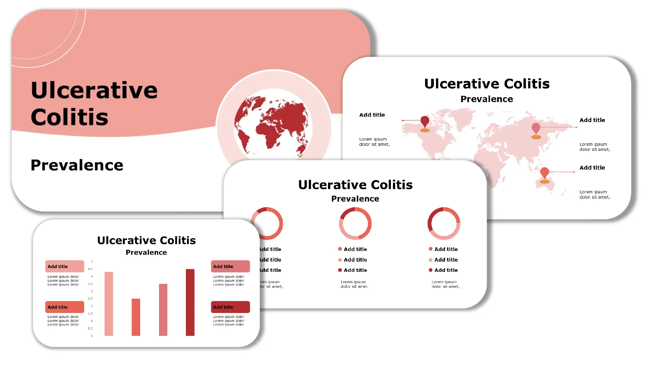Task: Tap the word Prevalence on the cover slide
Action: click(77, 165)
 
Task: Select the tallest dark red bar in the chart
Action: click(190, 302)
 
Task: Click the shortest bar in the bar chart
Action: click(136, 317)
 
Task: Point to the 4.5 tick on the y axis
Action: click(90, 269)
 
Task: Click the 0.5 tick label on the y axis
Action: click(90, 328)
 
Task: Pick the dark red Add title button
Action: click(230, 307)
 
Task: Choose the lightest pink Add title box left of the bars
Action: click(65, 266)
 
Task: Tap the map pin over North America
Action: click(425, 122)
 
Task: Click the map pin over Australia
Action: click(544, 173)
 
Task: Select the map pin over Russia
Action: click(536, 128)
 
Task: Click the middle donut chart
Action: click(355, 223)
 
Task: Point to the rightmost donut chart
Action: click(444, 223)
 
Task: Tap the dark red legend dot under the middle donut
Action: click(340, 270)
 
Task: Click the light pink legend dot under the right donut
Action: click(431, 260)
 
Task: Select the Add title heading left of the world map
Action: click(372, 115)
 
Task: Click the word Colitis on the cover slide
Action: click(70, 117)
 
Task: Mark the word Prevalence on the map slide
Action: click(487, 99)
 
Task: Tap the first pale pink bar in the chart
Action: click(109, 304)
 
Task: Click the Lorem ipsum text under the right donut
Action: click(445, 284)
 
